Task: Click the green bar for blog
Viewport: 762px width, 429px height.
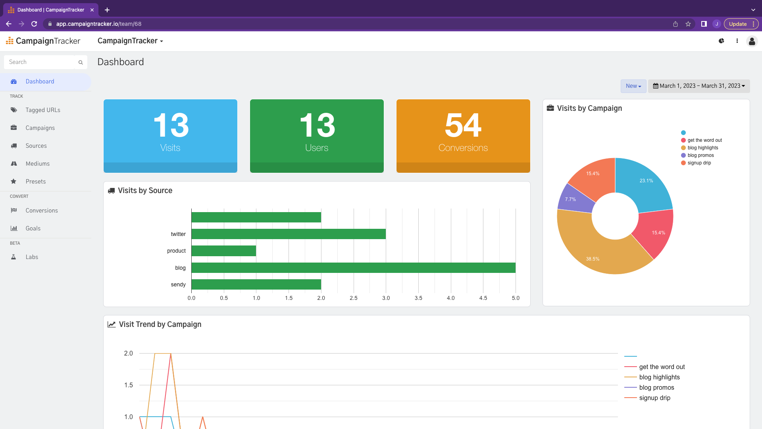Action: (x=353, y=268)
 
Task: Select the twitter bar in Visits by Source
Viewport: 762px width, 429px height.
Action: (x=289, y=234)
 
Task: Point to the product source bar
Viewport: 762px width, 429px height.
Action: (x=223, y=251)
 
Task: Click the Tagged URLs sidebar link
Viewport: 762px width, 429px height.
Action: (x=43, y=110)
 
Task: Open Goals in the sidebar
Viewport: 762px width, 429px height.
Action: (x=33, y=228)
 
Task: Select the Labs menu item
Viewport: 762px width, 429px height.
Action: (x=32, y=257)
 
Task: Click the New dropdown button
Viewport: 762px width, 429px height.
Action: (x=633, y=86)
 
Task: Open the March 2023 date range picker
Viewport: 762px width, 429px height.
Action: (x=699, y=86)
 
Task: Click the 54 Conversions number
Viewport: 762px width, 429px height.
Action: (x=463, y=125)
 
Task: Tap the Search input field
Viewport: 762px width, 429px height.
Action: (x=42, y=62)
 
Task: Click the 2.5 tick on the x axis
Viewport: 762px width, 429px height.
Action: (x=353, y=298)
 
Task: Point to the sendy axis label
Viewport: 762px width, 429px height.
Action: (x=178, y=284)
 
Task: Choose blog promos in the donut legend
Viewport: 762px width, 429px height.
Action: (x=700, y=155)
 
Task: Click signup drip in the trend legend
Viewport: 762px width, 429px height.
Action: (x=654, y=398)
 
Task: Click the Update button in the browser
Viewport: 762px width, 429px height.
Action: (x=738, y=24)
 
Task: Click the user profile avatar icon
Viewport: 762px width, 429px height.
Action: (x=752, y=41)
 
